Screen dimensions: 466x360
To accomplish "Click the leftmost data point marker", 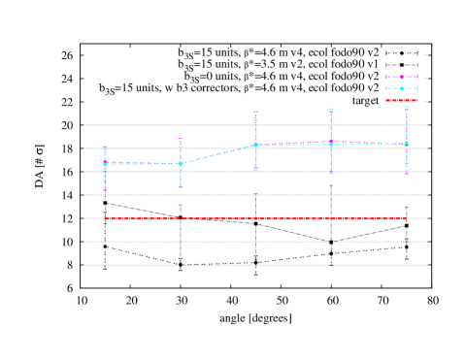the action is pos(105,163).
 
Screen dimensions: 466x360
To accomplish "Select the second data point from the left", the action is pos(181,163).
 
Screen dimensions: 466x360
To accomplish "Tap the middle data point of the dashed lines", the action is pos(255,145).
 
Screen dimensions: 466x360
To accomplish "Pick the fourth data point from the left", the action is pos(331,143).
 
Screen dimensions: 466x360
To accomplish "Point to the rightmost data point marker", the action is pos(406,144).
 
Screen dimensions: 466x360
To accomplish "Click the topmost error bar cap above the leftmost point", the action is pos(105,147).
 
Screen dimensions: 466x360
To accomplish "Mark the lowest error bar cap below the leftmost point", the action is pos(105,190).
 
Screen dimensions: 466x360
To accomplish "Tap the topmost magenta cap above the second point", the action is pos(181,139).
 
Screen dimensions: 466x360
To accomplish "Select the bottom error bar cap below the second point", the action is pos(181,187).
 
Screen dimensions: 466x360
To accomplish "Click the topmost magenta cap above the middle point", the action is pos(255,112).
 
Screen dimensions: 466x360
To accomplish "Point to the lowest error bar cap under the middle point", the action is pos(255,171).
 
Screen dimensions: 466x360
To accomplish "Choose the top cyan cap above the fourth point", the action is pos(331,109).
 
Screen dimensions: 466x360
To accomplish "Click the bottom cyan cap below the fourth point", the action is pos(331,174).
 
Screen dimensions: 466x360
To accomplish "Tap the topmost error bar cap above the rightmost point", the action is pos(406,107).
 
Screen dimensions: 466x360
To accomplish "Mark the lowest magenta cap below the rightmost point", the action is pos(406,174).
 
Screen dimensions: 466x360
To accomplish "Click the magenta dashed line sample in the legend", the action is pos(401,77).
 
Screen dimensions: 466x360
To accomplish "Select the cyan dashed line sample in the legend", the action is pos(401,88).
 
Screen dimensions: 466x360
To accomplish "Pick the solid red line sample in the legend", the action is pos(401,100).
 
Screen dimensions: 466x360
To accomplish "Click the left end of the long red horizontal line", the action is pos(107,218).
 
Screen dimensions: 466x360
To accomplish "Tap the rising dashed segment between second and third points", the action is pos(218,154).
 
